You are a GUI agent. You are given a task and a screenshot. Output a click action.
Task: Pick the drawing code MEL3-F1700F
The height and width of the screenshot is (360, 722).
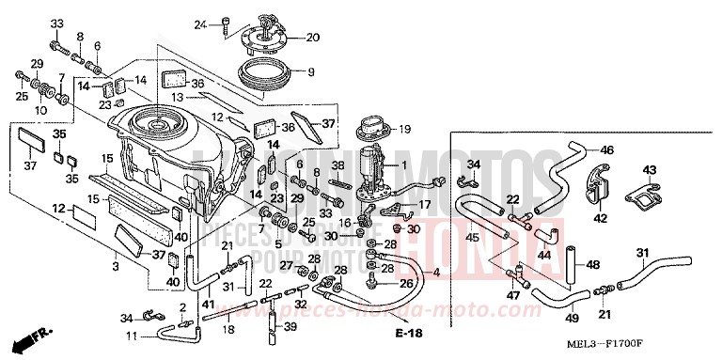tap(646, 342)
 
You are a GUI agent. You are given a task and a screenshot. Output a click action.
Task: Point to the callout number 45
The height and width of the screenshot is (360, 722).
tap(472, 238)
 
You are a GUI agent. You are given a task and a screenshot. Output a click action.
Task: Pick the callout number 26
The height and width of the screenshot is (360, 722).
tap(406, 283)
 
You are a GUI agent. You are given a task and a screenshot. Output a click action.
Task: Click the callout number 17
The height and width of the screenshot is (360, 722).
tap(425, 204)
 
